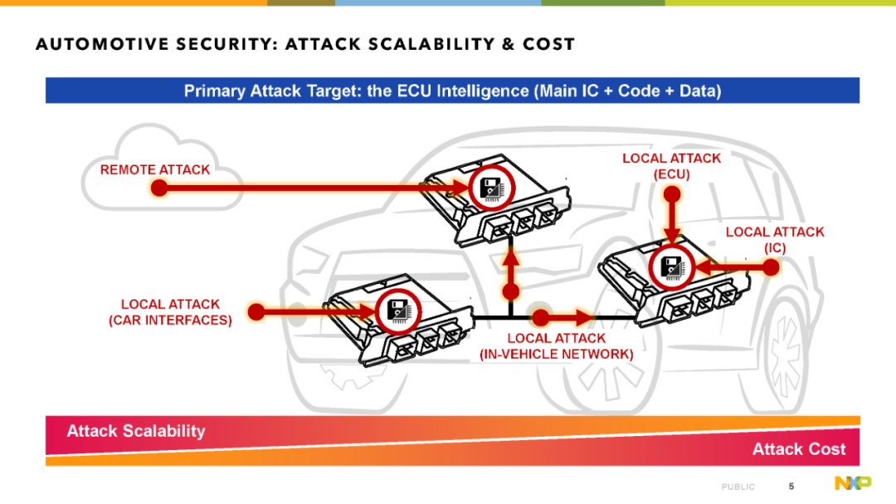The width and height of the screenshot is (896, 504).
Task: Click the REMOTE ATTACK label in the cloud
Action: pyautogui.click(x=155, y=170)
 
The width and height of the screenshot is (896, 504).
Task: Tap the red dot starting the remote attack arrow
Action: pyautogui.click(x=159, y=188)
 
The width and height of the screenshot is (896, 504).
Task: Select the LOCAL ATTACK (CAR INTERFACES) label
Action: pyautogui.click(x=170, y=312)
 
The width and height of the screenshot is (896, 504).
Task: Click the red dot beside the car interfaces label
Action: pyautogui.click(x=256, y=311)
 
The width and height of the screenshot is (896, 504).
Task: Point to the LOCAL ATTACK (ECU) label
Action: pyautogui.click(x=671, y=166)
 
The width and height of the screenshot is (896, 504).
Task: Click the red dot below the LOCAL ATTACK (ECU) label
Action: pyautogui.click(x=672, y=194)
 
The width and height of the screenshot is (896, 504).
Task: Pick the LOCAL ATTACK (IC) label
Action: pyautogui.click(x=775, y=240)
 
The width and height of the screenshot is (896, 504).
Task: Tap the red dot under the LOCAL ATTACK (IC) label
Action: pyautogui.click(x=772, y=267)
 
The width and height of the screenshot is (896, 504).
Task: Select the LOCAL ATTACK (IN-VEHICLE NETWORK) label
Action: pyautogui.click(x=556, y=347)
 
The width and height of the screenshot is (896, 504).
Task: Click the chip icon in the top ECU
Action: pyautogui.click(x=491, y=188)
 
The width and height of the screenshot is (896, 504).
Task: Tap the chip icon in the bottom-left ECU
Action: pyautogui.click(x=398, y=311)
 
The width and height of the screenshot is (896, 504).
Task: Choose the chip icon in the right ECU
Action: pyautogui.click(x=671, y=267)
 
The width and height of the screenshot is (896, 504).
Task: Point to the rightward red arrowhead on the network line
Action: pyautogui.click(x=584, y=317)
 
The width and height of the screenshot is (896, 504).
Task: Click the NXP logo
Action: pyautogui.click(x=853, y=483)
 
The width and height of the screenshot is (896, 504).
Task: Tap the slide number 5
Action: pyautogui.click(x=791, y=487)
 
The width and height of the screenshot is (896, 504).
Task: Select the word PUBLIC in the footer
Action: pyautogui.click(x=738, y=487)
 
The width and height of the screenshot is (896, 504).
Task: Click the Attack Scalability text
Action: pyautogui.click(x=136, y=431)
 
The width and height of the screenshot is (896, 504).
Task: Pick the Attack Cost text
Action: pyautogui.click(x=798, y=449)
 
